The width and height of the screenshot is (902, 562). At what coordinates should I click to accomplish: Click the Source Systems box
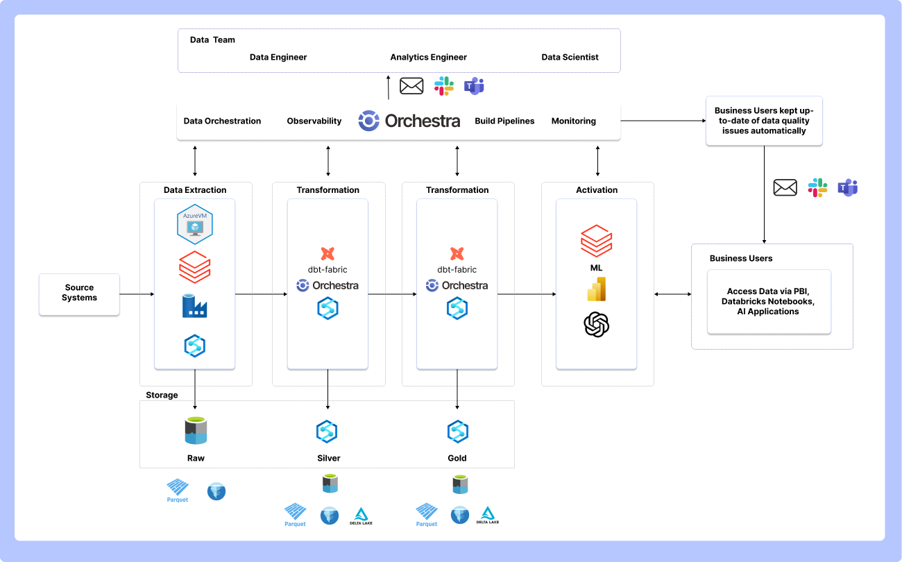pyautogui.click(x=79, y=294)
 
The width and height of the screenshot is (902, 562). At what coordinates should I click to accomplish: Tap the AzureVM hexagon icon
pyautogui.click(x=195, y=224)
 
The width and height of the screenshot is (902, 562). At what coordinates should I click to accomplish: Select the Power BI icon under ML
pyautogui.click(x=597, y=289)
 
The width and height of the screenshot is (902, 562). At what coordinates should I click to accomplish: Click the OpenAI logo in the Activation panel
pyautogui.click(x=597, y=324)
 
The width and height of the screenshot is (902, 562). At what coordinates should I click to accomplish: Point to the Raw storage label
pyautogui.click(x=196, y=458)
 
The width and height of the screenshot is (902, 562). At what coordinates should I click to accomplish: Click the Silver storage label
pyautogui.click(x=329, y=458)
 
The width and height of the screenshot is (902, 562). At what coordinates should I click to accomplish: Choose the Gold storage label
pyautogui.click(x=457, y=458)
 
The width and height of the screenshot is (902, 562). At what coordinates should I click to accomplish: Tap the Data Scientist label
pyautogui.click(x=570, y=57)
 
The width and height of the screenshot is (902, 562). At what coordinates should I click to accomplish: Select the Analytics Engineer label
pyautogui.click(x=429, y=57)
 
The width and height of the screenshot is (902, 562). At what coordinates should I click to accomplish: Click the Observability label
pyautogui.click(x=314, y=121)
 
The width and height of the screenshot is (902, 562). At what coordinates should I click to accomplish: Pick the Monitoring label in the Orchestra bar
pyautogui.click(x=573, y=121)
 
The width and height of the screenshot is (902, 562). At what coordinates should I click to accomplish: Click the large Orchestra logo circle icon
pyautogui.click(x=369, y=120)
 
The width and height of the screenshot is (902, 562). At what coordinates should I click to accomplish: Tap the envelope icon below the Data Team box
pyautogui.click(x=411, y=86)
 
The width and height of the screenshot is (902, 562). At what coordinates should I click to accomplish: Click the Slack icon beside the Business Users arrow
pyautogui.click(x=817, y=187)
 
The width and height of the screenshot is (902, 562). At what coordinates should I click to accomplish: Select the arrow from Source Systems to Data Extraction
pyautogui.click(x=137, y=294)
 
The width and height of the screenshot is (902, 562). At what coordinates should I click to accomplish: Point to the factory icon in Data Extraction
pyautogui.click(x=194, y=306)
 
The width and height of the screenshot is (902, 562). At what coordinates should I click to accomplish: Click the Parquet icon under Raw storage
pyautogui.click(x=178, y=491)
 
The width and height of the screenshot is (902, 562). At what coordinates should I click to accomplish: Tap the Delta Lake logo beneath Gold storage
pyautogui.click(x=488, y=515)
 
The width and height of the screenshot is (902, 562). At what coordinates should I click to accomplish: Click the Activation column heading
pyautogui.click(x=597, y=190)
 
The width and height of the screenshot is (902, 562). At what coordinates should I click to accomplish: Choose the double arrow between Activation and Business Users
pyautogui.click(x=673, y=294)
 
